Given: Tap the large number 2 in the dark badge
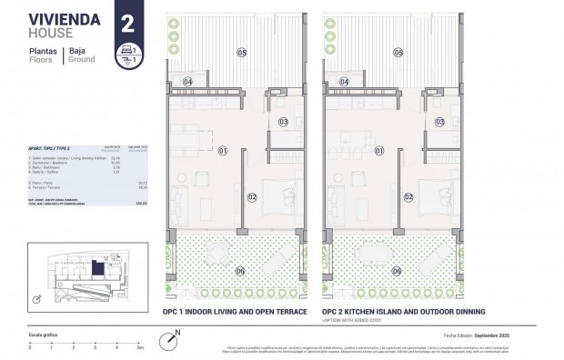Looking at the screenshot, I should click(x=128, y=22).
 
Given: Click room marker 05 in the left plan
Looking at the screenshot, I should click(x=242, y=53).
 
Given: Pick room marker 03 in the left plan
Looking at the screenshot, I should click(x=283, y=121).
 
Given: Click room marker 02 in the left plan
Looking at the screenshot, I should click(x=253, y=195).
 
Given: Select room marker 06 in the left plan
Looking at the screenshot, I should click(x=241, y=270).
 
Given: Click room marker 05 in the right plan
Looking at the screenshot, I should click(x=397, y=53).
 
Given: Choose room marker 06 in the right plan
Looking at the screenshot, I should click(x=397, y=270).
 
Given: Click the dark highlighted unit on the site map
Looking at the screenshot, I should click(x=98, y=268).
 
